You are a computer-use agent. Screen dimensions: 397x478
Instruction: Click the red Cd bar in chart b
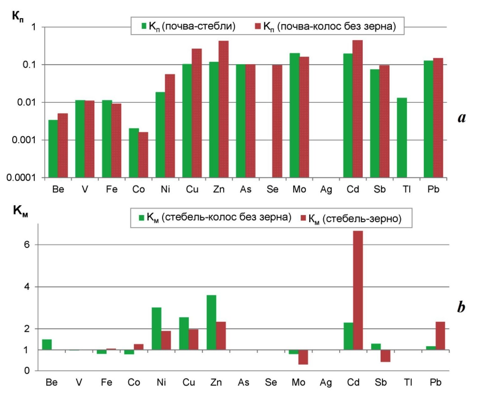(358, 290)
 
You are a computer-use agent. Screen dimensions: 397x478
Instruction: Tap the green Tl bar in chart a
(402, 138)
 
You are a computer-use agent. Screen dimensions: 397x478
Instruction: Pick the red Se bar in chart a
(277, 121)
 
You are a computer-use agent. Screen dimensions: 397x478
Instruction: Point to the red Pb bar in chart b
(440, 336)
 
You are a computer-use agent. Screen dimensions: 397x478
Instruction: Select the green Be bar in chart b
(47, 344)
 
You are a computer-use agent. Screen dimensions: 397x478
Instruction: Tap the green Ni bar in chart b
(156, 328)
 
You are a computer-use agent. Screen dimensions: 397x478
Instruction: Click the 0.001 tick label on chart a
(23, 140)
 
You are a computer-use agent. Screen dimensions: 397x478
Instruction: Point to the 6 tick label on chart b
(27, 244)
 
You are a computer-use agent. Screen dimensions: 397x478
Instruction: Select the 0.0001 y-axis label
(21, 178)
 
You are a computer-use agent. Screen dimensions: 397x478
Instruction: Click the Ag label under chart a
(326, 189)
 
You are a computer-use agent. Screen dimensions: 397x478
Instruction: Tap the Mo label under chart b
(298, 382)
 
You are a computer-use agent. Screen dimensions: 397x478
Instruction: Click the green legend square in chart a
(144, 26)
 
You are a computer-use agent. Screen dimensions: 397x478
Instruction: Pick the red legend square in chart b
(303, 218)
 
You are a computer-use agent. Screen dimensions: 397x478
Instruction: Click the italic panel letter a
(461, 118)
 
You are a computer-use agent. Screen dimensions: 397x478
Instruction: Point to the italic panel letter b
(461, 307)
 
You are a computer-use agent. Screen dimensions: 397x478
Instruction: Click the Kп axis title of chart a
(18, 16)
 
